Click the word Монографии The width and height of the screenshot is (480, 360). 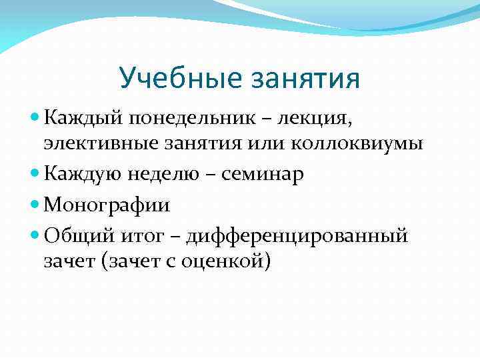pos(107,205)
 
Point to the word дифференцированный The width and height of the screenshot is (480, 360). pos(297,235)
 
